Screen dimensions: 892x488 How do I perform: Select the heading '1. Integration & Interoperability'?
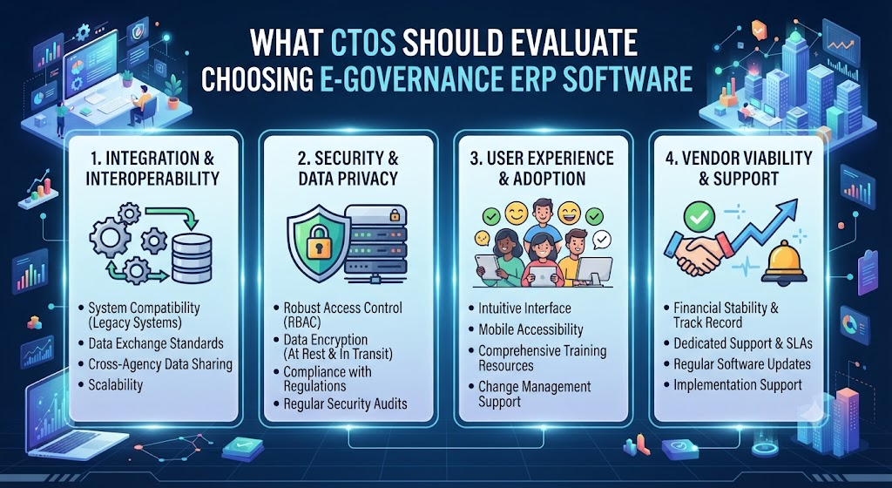coord(152,168)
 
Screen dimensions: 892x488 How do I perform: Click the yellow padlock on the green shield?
coord(319,243)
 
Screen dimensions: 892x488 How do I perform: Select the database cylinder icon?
coord(191,258)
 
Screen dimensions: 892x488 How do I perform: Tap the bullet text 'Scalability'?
coord(116,385)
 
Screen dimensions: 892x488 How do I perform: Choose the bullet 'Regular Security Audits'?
coord(345,403)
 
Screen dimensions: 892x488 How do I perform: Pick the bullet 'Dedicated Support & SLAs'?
coord(743,343)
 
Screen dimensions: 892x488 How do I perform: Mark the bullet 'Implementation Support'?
coord(738,385)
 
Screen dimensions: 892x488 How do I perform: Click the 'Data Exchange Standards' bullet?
coord(156,343)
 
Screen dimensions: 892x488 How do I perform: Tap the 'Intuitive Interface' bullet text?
coord(524,308)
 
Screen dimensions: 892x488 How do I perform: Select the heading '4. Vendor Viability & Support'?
coord(739,168)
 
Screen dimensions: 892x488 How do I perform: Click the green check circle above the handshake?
coord(699,215)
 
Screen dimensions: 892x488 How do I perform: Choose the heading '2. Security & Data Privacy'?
coord(348,168)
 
